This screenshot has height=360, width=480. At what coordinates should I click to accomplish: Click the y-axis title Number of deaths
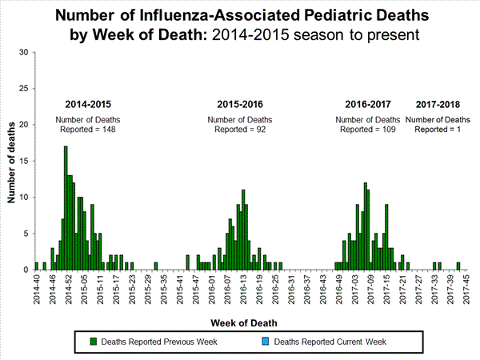pyautogui.click(x=13, y=161)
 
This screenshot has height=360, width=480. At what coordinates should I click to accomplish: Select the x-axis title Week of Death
pyautogui.click(x=245, y=322)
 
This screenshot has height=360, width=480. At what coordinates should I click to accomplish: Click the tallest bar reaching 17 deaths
pyautogui.click(x=66, y=208)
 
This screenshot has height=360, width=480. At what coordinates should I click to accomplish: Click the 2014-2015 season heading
pyautogui.click(x=90, y=105)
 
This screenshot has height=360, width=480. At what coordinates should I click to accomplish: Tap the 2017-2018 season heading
pyautogui.click(x=438, y=105)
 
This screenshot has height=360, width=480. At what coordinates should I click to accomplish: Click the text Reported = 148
pyautogui.click(x=90, y=130)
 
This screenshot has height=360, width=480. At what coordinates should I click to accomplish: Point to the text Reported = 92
pyautogui.click(x=242, y=130)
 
